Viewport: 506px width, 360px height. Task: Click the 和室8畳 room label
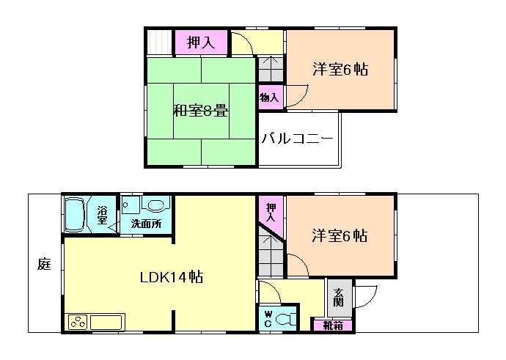pos(200,111)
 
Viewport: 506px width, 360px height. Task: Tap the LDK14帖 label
pos(172,277)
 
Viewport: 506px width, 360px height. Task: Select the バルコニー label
pos(298,138)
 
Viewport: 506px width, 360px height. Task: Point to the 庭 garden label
pos(44,264)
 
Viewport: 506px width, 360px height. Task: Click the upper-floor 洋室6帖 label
pos(340,70)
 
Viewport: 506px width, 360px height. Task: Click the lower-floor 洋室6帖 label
pos(339,236)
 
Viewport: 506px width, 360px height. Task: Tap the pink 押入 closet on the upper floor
pos(201,43)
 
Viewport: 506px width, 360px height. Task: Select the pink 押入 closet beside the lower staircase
pos(271,212)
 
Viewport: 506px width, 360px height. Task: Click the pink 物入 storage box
pos(269,97)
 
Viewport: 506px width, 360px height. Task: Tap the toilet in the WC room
pos(287,320)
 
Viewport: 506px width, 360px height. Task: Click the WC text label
pos(268,320)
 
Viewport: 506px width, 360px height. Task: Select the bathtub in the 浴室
pos(77,214)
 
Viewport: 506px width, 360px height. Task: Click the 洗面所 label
pos(146,224)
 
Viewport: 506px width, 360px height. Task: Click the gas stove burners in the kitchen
pos(78,322)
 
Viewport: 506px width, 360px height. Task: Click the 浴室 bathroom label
pos(102,216)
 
